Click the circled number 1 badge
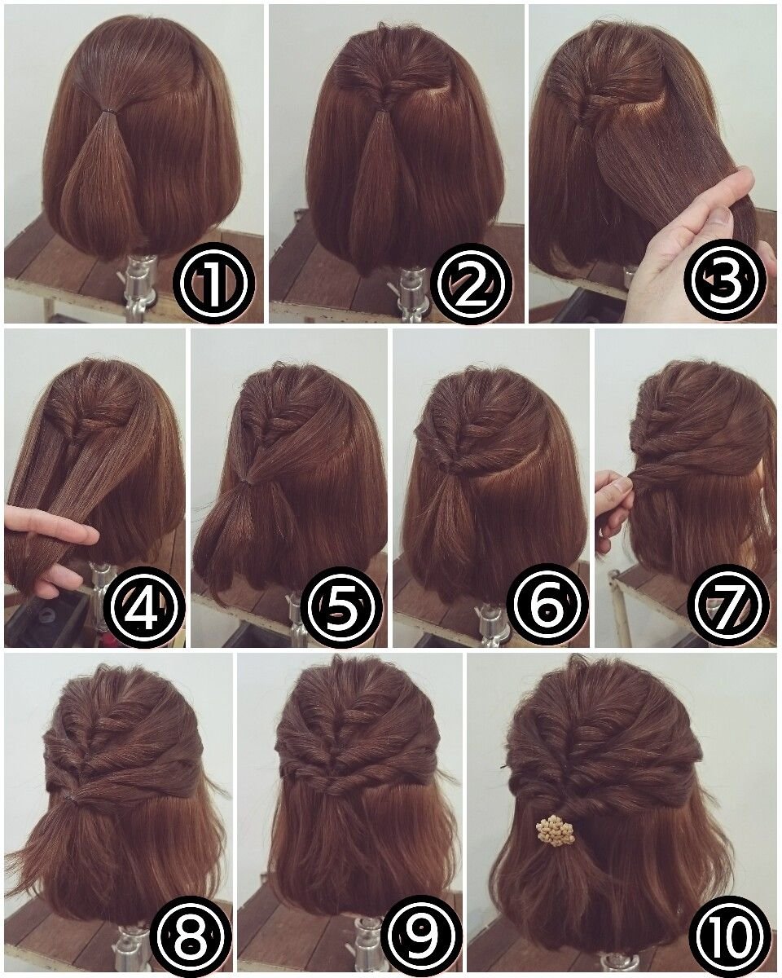[x=215, y=282]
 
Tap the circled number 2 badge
[x=473, y=282]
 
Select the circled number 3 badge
[x=727, y=282]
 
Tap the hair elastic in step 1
[x=109, y=110]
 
